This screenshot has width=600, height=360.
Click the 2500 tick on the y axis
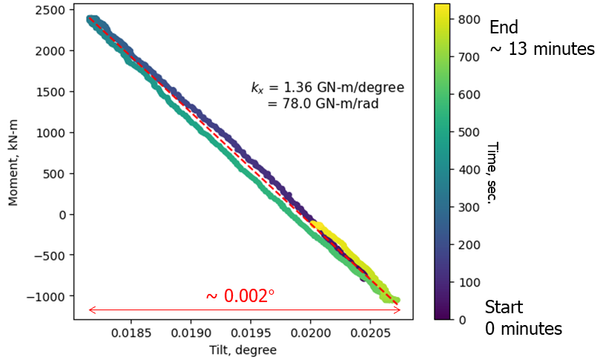53,10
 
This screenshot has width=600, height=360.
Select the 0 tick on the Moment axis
62,215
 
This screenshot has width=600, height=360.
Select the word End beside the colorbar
504,27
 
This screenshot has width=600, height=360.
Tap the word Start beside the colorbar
504,307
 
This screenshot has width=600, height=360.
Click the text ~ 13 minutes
541,49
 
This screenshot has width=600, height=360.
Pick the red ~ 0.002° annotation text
240,295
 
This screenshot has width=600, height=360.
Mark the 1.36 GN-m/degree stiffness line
327,88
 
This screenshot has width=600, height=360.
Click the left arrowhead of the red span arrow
90,310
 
